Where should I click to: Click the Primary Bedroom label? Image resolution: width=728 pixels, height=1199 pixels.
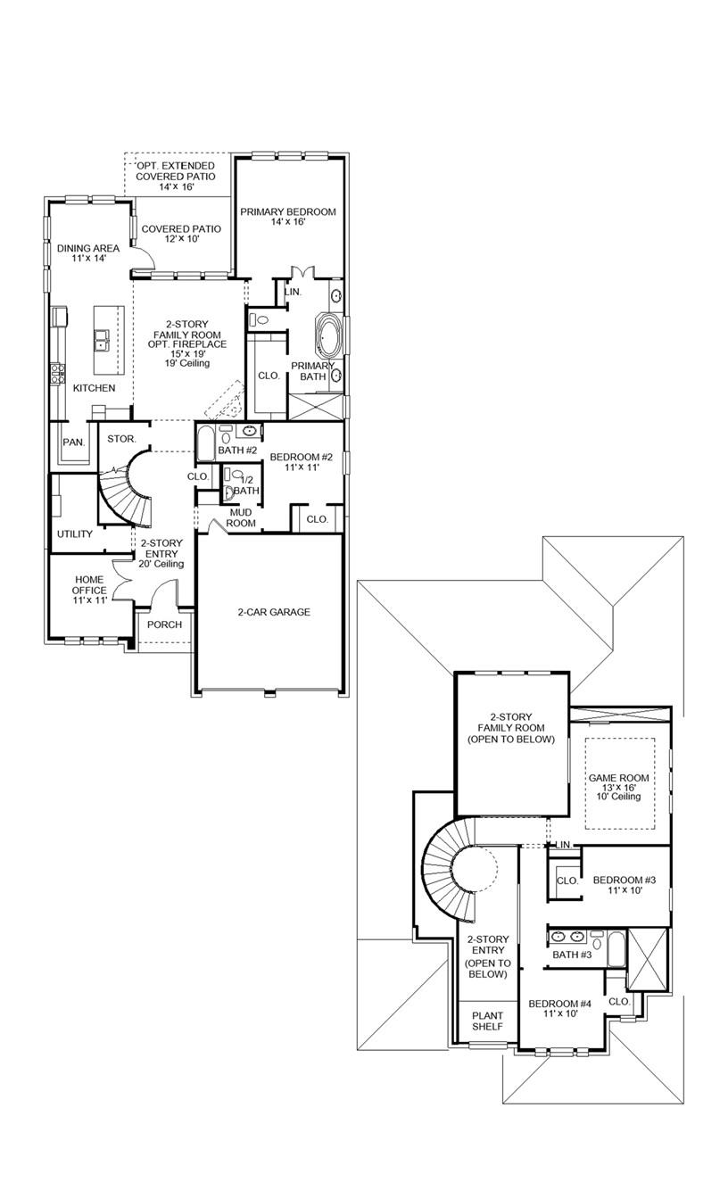point(287,217)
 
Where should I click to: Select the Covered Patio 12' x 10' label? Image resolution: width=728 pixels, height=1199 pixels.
point(181,235)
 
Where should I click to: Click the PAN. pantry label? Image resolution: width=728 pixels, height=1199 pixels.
point(73,442)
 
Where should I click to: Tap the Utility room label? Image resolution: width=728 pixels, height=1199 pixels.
point(75,534)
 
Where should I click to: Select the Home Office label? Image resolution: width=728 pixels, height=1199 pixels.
point(89,590)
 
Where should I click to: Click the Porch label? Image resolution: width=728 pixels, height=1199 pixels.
point(164,624)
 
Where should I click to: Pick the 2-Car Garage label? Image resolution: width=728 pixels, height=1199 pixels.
point(274,612)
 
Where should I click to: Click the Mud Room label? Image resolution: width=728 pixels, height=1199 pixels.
point(243,517)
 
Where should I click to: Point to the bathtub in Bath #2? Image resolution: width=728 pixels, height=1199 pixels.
point(205,443)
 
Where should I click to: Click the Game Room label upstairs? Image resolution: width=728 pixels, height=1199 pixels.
point(618,787)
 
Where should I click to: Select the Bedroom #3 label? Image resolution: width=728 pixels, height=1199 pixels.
point(625,885)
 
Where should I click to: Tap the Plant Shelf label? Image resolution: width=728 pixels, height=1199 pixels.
point(487,1021)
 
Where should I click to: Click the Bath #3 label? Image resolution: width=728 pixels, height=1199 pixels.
point(572,955)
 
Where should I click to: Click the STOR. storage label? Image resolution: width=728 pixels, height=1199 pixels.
point(121,439)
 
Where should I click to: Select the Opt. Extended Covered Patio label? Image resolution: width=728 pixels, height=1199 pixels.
point(176,177)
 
